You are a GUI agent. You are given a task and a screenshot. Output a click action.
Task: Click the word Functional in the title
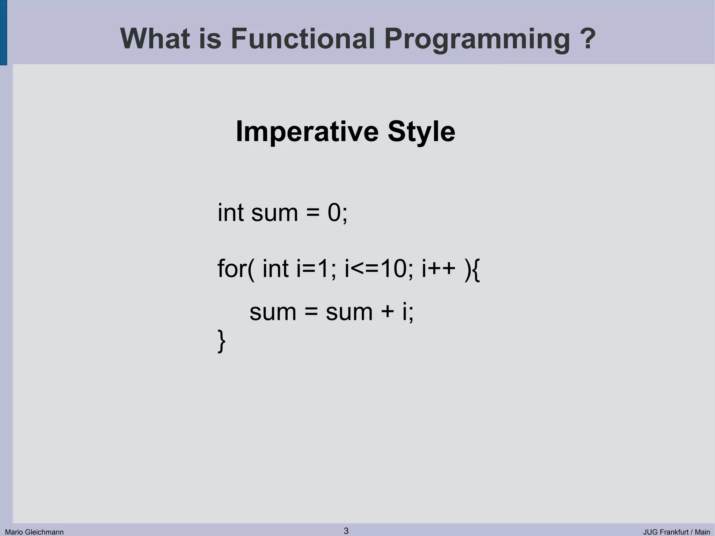point(303,38)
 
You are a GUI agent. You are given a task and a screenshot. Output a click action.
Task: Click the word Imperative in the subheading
point(307,132)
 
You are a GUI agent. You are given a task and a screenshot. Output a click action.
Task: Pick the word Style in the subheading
point(421,132)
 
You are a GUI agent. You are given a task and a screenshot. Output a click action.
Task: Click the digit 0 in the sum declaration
point(334,213)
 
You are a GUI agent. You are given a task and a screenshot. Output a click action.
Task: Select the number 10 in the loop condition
point(393,269)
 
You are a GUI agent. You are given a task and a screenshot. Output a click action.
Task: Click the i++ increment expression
point(438,269)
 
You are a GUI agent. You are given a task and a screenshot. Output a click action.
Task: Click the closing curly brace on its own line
point(221,341)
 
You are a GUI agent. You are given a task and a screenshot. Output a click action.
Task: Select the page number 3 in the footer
point(346,531)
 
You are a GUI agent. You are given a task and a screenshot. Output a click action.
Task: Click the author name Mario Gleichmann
point(34,532)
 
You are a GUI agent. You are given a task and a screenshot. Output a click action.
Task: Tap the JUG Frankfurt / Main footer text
point(676,532)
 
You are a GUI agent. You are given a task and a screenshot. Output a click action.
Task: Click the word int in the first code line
point(230,213)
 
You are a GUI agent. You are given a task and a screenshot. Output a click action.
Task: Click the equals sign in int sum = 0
point(313,213)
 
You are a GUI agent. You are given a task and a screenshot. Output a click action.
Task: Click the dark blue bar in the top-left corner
point(3,32)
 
